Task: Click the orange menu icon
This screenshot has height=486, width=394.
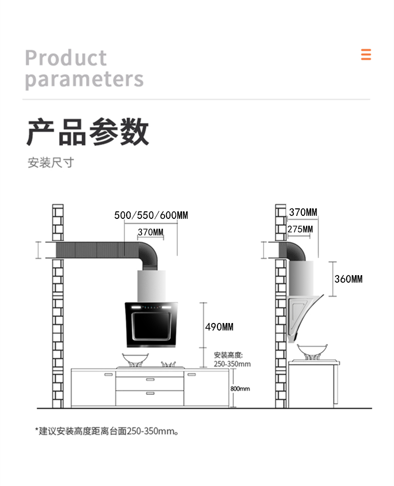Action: tap(366, 54)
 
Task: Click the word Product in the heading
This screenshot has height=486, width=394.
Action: tap(66, 58)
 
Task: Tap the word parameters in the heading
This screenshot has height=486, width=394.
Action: tap(84, 79)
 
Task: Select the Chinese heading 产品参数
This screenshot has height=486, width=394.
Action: tap(88, 132)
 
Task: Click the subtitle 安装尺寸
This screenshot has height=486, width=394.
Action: tap(50, 162)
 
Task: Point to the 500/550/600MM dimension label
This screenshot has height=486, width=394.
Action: tap(151, 215)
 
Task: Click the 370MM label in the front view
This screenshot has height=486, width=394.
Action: tap(151, 232)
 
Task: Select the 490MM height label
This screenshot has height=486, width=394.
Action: tap(219, 327)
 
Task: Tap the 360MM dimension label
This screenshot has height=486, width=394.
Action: tap(349, 279)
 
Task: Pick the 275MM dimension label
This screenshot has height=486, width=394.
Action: tap(300, 229)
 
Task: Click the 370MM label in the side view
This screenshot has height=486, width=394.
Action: tap(303, 213)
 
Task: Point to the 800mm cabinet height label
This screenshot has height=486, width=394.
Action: tap(240, 389)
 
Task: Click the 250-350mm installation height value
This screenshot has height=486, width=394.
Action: tap(232, 364)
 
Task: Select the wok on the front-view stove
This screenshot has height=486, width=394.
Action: tap(136, 359)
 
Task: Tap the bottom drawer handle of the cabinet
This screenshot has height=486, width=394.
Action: tap(150, 393)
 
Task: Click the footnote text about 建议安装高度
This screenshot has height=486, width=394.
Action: tap(107, 431)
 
